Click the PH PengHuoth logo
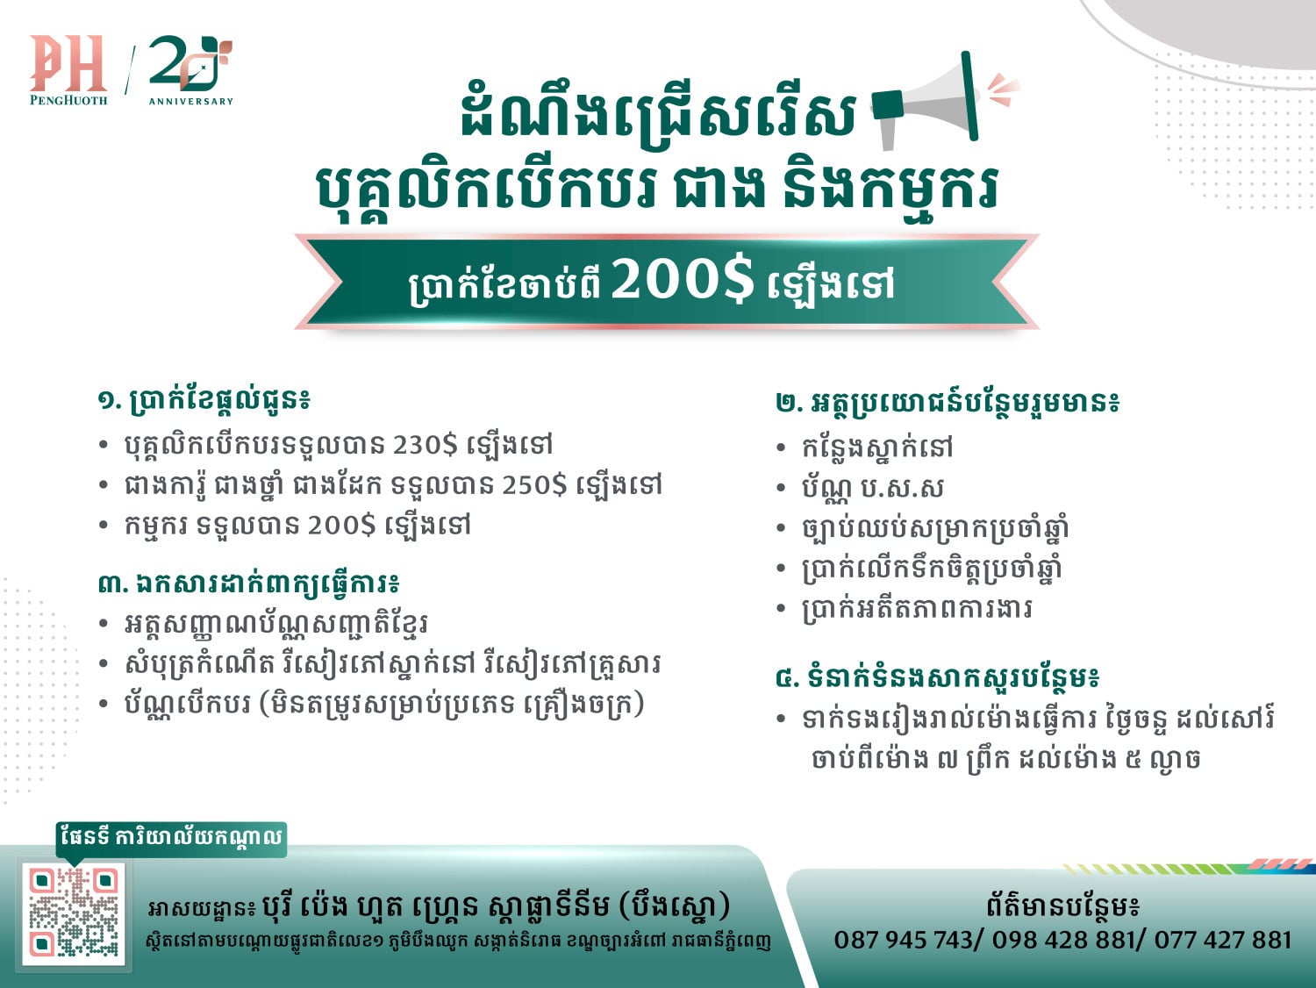[x=68, y=70]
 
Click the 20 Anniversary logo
[x=190, y=70]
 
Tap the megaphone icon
[x=942, y=102]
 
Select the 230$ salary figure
[x=426, y=446]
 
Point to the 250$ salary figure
[x=533, y=485]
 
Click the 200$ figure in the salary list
[x=342, y=526]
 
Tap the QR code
[x=74, y=913]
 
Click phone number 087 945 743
[x=903, y=940]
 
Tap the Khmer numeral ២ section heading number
[x=786, y=403]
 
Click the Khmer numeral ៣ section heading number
[x=109, y=584]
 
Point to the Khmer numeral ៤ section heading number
[x=786, y=678]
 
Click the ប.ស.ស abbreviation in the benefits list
[x=902, y=488]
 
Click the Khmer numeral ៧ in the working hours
[x=948, y=760]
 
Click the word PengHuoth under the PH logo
[x=68, y=100]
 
